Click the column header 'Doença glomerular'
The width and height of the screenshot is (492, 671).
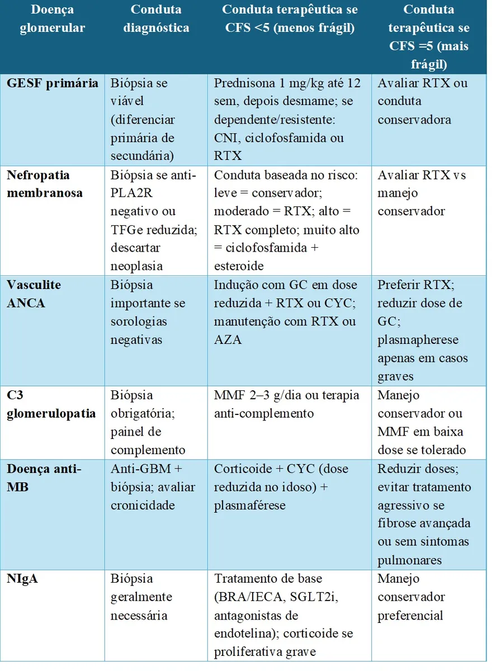(53, 18)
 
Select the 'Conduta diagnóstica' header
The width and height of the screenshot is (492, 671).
(156, 18)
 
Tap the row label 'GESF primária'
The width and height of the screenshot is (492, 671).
(53, 83)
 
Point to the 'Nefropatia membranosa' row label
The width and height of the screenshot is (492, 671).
(45, 184)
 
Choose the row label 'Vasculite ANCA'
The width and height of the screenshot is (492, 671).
(34, 294)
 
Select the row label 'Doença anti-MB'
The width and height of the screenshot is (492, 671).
(44, 478)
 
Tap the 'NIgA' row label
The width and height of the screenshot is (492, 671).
(23, 579)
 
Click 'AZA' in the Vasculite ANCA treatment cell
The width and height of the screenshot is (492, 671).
(228, 339)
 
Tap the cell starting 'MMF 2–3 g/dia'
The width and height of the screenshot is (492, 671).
(286, 404)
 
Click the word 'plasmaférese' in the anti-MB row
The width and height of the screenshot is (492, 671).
(249, 505)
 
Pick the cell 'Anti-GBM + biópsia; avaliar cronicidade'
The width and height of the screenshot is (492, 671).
(153, 487)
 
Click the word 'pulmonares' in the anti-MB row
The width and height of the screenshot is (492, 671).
(410, 560)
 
